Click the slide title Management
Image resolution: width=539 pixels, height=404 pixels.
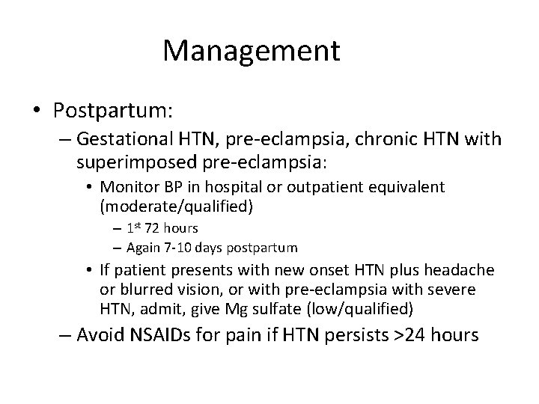pyautogui.click(x=252, y=51)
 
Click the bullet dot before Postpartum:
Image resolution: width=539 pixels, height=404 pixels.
pyautogui.click(x=37, y=111)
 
